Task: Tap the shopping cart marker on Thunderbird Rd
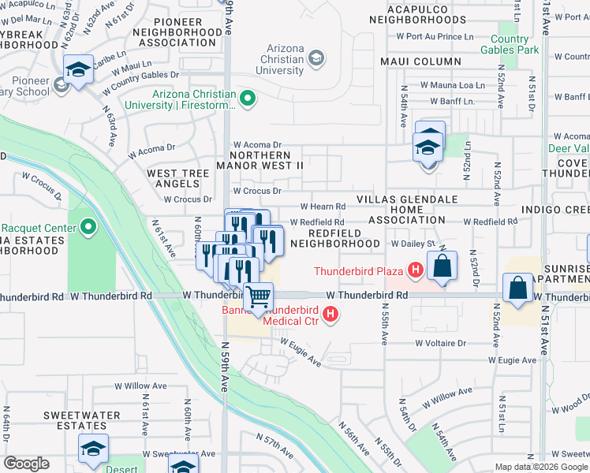click(258, 297)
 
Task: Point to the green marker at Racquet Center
click(88, 229)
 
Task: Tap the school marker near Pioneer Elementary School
click(78, 70)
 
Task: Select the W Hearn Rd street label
click(323, 207)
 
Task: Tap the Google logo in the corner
click(26, 464)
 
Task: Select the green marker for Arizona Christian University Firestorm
click(248, 99)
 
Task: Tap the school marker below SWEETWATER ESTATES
click(93, 450)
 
